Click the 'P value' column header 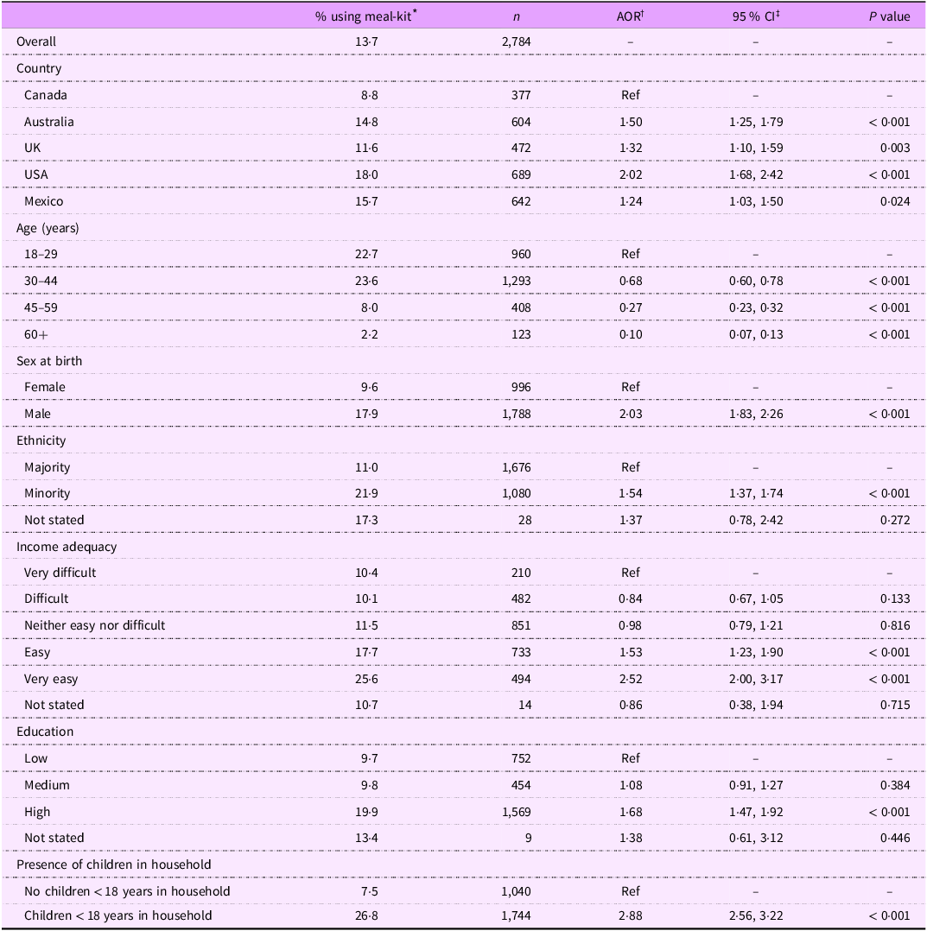pos(889,16)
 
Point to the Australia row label pos(49,122)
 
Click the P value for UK pos(895,148)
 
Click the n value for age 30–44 pos(514,281)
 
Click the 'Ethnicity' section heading pos(41,440)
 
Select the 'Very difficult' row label pos(60,573)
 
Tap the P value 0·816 pos(895,625)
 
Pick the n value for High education pos(514,812)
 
